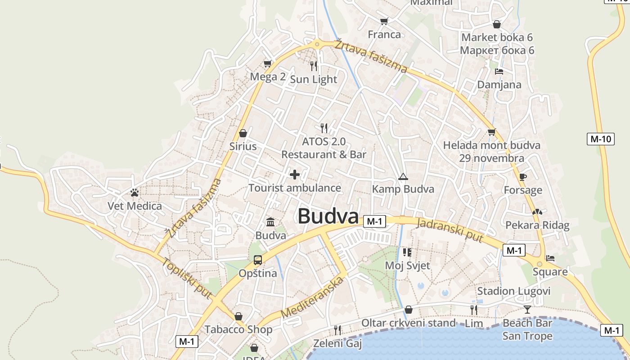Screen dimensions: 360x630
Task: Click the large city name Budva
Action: coord(328,216)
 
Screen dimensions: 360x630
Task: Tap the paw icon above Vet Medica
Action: coord(134,193)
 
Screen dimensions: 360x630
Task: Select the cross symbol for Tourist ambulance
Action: coord(295,175)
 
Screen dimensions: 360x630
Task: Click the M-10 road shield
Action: coord(601,139)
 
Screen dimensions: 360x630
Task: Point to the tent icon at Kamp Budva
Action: coord(402,176)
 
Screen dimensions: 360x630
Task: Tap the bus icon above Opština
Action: coord(257,260)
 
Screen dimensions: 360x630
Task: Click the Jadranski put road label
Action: coord(450,230)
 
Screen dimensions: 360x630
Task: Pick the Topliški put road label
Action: coord(187,278)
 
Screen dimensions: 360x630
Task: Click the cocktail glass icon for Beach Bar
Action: coord(527,309)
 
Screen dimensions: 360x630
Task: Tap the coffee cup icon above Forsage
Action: coord(522,177)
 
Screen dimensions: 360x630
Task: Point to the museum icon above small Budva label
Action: coord(271,222)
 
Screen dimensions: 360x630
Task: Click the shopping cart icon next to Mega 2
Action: coord(267,63)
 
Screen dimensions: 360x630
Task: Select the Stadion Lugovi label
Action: coord(513,291)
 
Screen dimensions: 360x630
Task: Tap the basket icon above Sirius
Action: coord(243,133)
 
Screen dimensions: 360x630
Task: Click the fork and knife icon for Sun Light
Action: coord(314,66)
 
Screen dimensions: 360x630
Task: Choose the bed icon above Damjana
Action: coord(499,71)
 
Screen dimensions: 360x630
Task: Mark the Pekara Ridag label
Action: coord(537,225)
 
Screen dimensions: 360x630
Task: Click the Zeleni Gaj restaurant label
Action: coord(337,344)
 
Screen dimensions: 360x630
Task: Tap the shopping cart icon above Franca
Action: coord(384,21)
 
